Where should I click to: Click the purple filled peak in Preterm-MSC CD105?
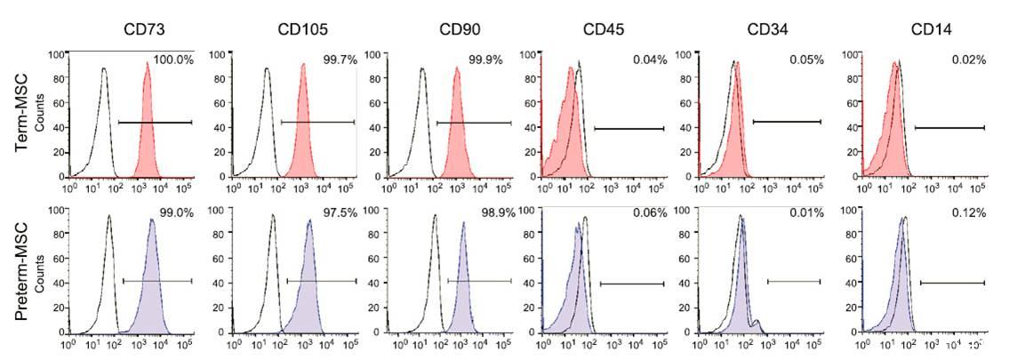308,284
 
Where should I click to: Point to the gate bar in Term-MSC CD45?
629,129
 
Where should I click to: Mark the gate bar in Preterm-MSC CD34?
794,282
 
